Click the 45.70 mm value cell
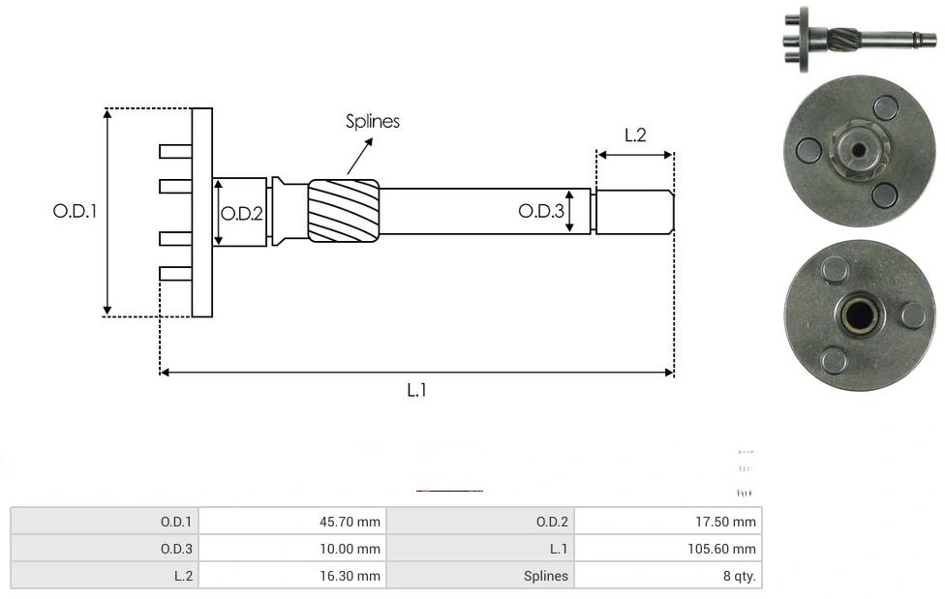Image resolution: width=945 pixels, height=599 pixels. pyautogui.click(x=292, y=522)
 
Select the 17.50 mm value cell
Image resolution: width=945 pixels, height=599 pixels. pyautogui.click(x=668, y=522)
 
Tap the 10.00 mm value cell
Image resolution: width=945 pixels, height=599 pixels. pyautogui.click(x=292, y=549)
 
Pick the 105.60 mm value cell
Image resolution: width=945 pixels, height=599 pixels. pyautogui.click(x=668, y=549)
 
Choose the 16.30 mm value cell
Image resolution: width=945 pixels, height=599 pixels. pyautogui.click(x=292, y=576)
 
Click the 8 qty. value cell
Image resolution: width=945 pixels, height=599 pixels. pyautogui.click(x=668, y=576)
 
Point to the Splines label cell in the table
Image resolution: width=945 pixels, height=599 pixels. pyautogui.click(x=480, y=576)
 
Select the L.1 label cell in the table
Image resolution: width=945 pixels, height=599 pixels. pyautogui.click(x=480, y=549)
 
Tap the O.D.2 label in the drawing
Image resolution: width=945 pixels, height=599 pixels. pyautogui.click(x=242, y=214)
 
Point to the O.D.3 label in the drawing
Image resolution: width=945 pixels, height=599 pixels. pyautogui.click(x=540, y=211)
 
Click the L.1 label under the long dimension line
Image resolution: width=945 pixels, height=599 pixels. pyautogui.click(x=416, y=390)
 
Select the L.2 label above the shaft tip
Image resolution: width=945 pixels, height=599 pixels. pyautogui.click(x=634, y=135)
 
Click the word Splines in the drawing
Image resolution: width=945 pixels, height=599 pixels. pyautogui.click(x=373, y=121)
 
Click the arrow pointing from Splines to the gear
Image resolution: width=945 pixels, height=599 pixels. pyautogui.click(x=360, y=154)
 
